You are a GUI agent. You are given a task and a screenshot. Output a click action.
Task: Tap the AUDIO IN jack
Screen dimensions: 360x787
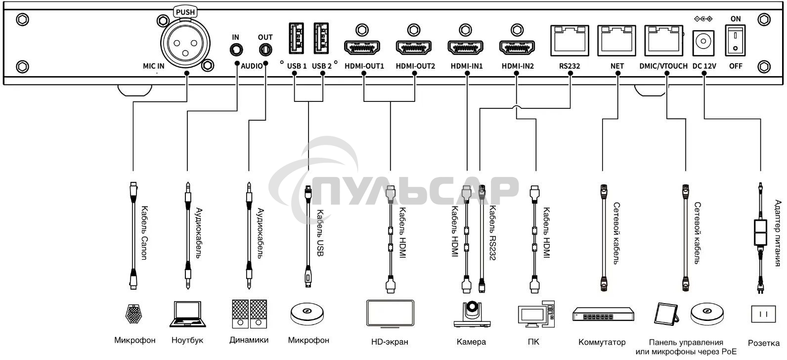pyautogui.click(x=236, y=50)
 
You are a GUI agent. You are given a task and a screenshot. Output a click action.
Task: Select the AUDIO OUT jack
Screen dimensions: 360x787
pyautogui.click(x=265, y=50)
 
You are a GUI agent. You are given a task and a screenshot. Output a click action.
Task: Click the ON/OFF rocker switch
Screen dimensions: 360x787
pyautogui.click(x=736, y=41)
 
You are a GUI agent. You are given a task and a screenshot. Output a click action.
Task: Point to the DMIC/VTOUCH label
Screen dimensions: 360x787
pyautogui.click(x=663, y=66)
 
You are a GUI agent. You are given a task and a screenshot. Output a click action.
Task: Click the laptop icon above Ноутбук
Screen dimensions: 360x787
pyautogui.click(x=187, y=314)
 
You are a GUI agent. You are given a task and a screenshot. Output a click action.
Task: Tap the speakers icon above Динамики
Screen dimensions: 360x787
pyautogui.click(x=249, y=314)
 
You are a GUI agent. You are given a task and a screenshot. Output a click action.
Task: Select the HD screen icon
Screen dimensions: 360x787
pyautogui.click(x=390, y=313)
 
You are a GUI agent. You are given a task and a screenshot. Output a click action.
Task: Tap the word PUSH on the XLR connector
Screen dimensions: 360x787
pyautogui.click(x=185, y=12)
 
